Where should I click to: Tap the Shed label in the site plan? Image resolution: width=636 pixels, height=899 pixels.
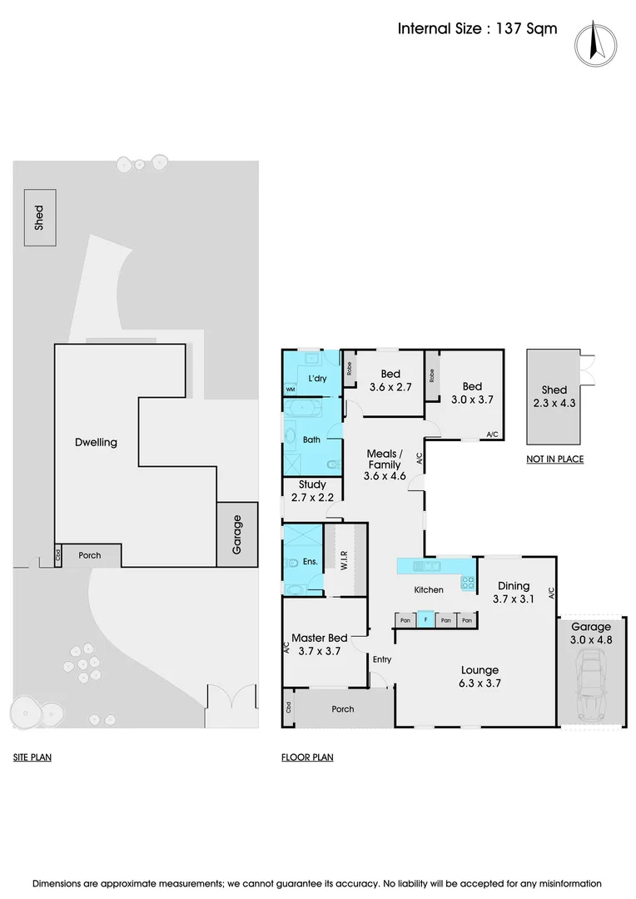(x=39, y=218)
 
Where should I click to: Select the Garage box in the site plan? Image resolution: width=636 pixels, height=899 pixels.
(x=237, y=534)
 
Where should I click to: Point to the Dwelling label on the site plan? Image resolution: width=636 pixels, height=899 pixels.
(x=96, y=442)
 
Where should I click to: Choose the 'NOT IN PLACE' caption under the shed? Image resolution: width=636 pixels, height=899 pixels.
(x=554, y=459)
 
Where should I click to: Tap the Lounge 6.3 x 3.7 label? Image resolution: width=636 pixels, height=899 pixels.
(x=480, y=676)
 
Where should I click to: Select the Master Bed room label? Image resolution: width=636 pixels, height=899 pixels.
(x=316, y=645)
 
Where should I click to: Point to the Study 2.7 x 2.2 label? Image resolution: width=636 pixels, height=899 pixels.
(x=312, y=490)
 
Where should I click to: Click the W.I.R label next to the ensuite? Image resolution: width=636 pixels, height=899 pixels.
(x=344, y=561)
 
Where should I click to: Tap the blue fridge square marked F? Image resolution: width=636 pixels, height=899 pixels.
(x=425, y=619)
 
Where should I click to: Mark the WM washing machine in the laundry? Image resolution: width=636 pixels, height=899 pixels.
(x=291, y=389)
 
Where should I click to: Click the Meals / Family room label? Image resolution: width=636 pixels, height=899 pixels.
(x=385, y=464)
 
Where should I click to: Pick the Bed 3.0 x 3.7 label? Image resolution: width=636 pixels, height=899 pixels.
(x=472, y=392)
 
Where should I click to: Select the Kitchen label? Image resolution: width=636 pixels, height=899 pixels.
(x=429, y=589)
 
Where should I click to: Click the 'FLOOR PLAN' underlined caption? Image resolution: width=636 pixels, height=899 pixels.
(x=307, y=757)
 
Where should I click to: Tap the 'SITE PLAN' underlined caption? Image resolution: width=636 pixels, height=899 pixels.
(x=32, y=757)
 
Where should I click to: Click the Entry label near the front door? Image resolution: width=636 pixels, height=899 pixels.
(x=382, y=659)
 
